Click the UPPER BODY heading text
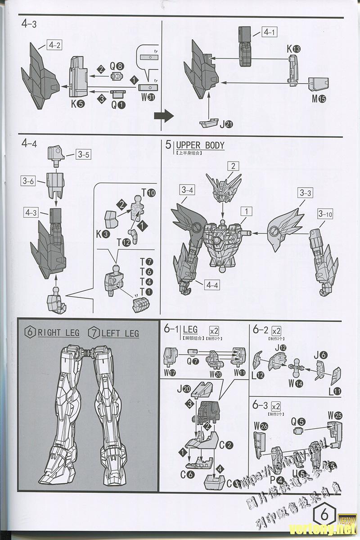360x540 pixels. tap(200, 145)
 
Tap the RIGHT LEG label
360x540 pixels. tap(58, 333)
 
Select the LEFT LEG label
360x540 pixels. tap(120, 333)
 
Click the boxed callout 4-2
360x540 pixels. tap(54, 45)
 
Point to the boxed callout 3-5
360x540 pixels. tap(83, 155)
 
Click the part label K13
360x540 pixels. tap(293, 49)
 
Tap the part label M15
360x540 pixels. tap(318, 99)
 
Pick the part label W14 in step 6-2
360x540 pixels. tap(296, 383)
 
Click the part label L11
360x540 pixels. tap(335, 391)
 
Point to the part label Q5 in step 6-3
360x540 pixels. tap(298, 422)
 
